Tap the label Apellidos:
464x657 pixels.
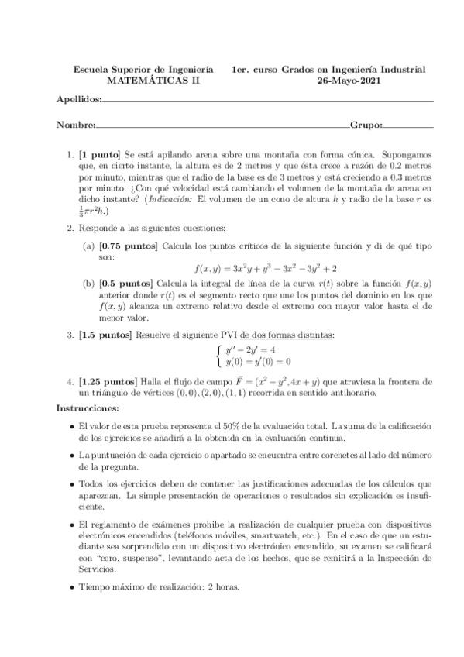(x=79, y=101)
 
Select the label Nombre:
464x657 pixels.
(x=76, y=125)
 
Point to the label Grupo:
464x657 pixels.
(x=366, y=125)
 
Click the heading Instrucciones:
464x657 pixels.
(x=88, y=408)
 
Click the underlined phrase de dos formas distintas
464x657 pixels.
(x=287, y=335)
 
